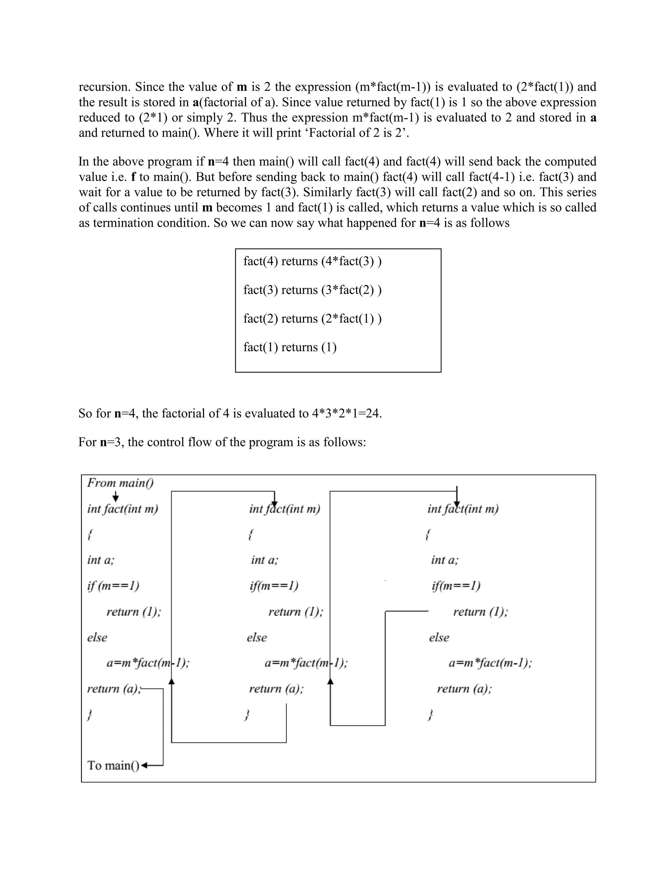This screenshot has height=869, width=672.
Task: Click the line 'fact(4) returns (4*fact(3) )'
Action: click(x=312, y=261)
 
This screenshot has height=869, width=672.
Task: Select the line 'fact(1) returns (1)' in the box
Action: click(x=290, y=347)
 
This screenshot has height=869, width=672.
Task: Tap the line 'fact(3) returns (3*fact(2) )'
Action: click(x=312, y=290)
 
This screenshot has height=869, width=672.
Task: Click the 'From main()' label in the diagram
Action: click(x=120, y=483)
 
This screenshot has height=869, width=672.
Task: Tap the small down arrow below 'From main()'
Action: click(x=115, y=496)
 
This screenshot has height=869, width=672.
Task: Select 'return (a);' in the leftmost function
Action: click(x=114, y=689)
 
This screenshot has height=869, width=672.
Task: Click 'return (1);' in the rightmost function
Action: click(x=480, y=612)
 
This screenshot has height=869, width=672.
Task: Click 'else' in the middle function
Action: click(x=257, y=637)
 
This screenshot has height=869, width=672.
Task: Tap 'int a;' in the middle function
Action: click(x=265, y=560)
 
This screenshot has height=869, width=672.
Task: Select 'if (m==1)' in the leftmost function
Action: click(x=113, y=586)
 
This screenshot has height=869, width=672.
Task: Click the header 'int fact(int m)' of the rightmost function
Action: click(x=463, y=509)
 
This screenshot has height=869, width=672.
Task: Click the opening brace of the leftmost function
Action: click(x=90, y=535)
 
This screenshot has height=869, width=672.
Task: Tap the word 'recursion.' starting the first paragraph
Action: click(x=105, y=87)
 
